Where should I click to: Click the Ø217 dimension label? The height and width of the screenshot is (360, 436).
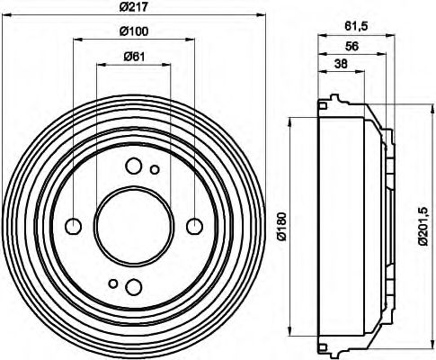134,10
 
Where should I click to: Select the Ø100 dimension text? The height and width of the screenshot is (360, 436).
134,33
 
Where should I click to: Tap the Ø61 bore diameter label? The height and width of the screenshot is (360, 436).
134,58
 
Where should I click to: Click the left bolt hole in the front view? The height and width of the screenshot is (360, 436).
75,225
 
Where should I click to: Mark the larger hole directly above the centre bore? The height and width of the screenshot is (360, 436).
133,166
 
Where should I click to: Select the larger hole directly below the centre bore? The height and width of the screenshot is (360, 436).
133,285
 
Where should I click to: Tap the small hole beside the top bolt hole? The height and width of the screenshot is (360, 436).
155,169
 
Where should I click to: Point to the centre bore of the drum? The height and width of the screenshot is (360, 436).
134,225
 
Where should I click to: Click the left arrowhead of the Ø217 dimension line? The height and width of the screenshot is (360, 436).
6,15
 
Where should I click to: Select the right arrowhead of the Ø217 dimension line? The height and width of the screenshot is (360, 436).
262,15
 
